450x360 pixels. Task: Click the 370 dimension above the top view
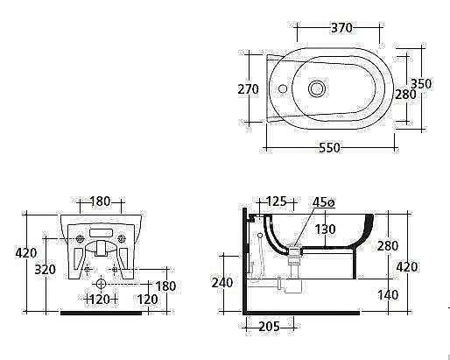coord(341,28)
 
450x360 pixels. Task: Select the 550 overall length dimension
coord(329,148)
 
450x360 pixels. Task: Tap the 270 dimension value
coord(248,89)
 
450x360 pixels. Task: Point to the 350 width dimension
coord(421,84)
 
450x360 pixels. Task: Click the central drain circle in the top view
coord(317,88)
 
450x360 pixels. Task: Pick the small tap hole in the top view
coord(283,88)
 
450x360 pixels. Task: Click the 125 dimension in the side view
coord(277,201)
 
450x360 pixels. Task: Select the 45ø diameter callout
coord(324,202)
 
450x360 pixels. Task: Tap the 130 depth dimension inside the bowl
coord(325,229)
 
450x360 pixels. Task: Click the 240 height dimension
coord(222,282)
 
